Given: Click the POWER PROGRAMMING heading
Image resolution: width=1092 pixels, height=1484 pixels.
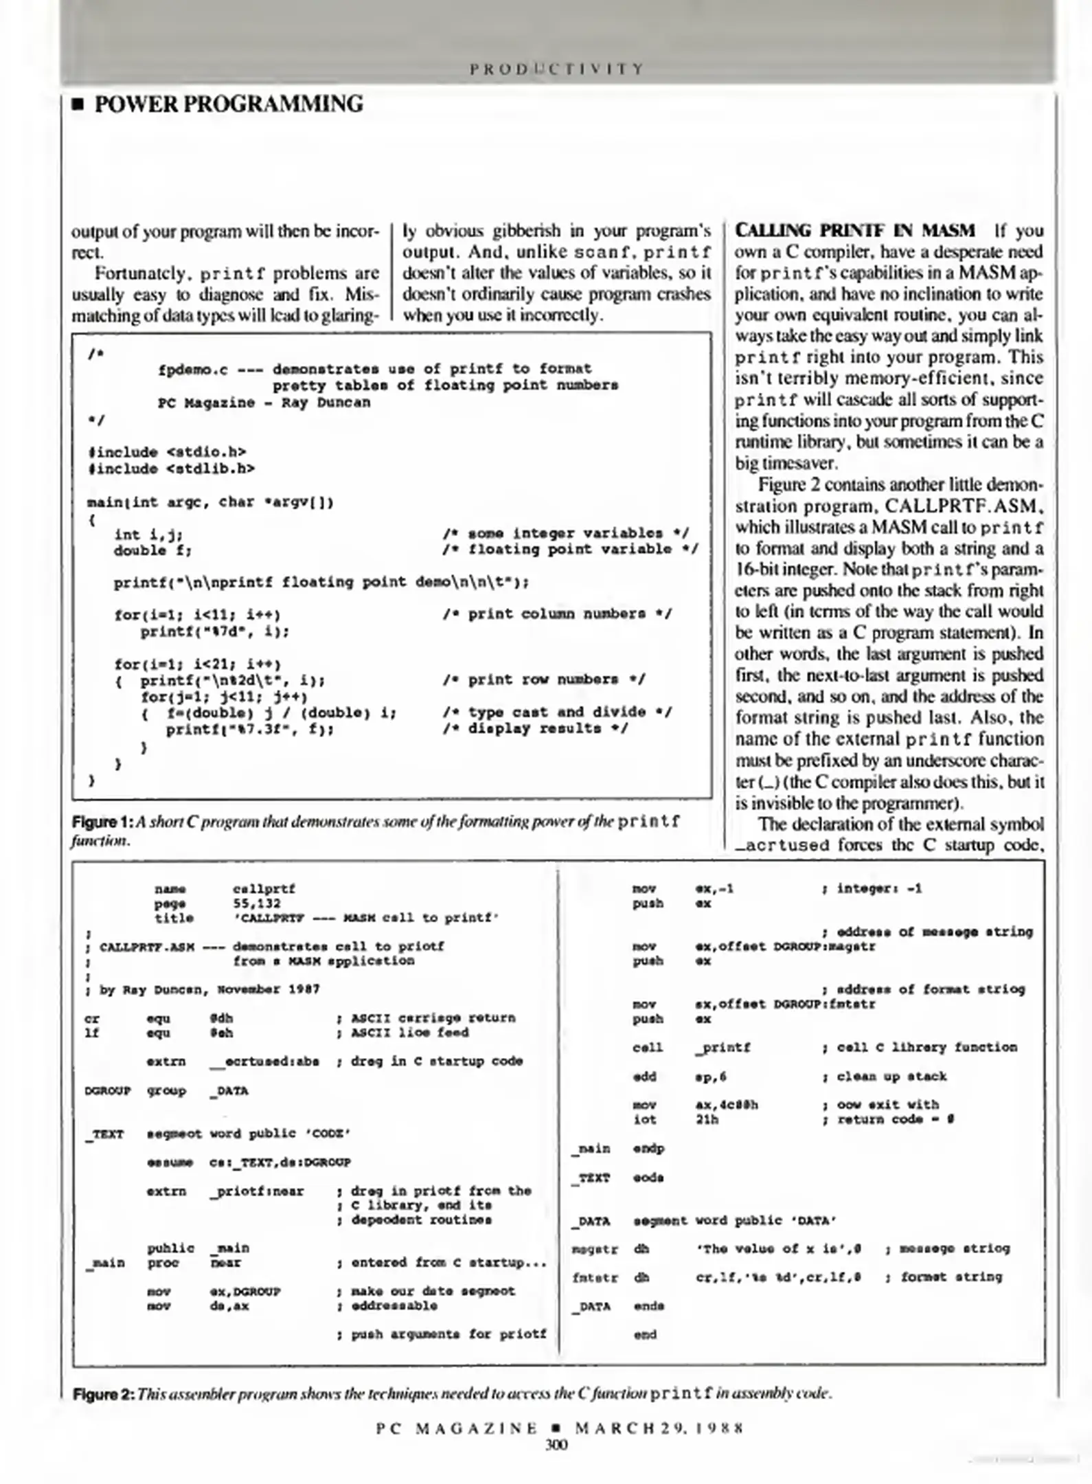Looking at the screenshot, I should pos(228,104).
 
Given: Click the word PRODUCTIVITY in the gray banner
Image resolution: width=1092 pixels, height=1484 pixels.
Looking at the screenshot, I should pos(556,69).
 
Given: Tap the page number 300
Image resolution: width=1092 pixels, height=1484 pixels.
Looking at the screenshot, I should pos(556,1445).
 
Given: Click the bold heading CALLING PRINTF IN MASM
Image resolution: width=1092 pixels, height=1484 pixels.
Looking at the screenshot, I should pos(854,230).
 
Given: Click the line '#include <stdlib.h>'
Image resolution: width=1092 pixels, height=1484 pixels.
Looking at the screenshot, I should pos(171,469).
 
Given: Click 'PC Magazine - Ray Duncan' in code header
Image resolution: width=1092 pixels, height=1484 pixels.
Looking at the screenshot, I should pos(264,403).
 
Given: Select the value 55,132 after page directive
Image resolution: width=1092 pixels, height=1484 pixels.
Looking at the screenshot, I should pos(257,903).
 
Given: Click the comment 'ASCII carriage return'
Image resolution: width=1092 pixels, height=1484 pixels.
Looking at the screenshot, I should pos(433,1018).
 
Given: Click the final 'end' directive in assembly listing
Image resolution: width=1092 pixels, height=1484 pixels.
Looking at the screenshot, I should pos(644,1335).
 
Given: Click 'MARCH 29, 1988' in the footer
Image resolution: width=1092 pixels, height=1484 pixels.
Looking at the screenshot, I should pos(659,1428).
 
